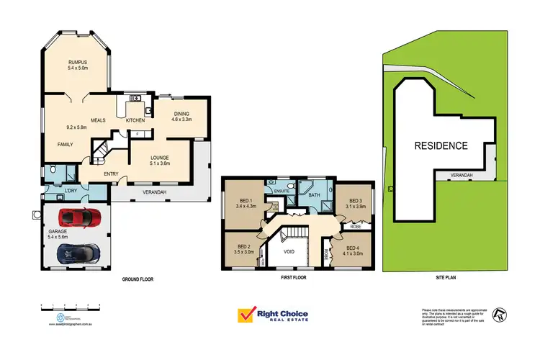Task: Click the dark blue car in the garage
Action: pyautogui.click(x=78, y=252)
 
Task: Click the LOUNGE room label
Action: pyautogui.click(x=159, y=158)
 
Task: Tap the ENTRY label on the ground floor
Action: pyautogui.click(x=112, y=173)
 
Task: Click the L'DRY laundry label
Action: pyautogui.click(x=71, y=190)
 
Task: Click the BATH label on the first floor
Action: pyautogui.click(x=314, y=194)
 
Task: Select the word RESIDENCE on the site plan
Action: pyautogui.click(x=440, y=145)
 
